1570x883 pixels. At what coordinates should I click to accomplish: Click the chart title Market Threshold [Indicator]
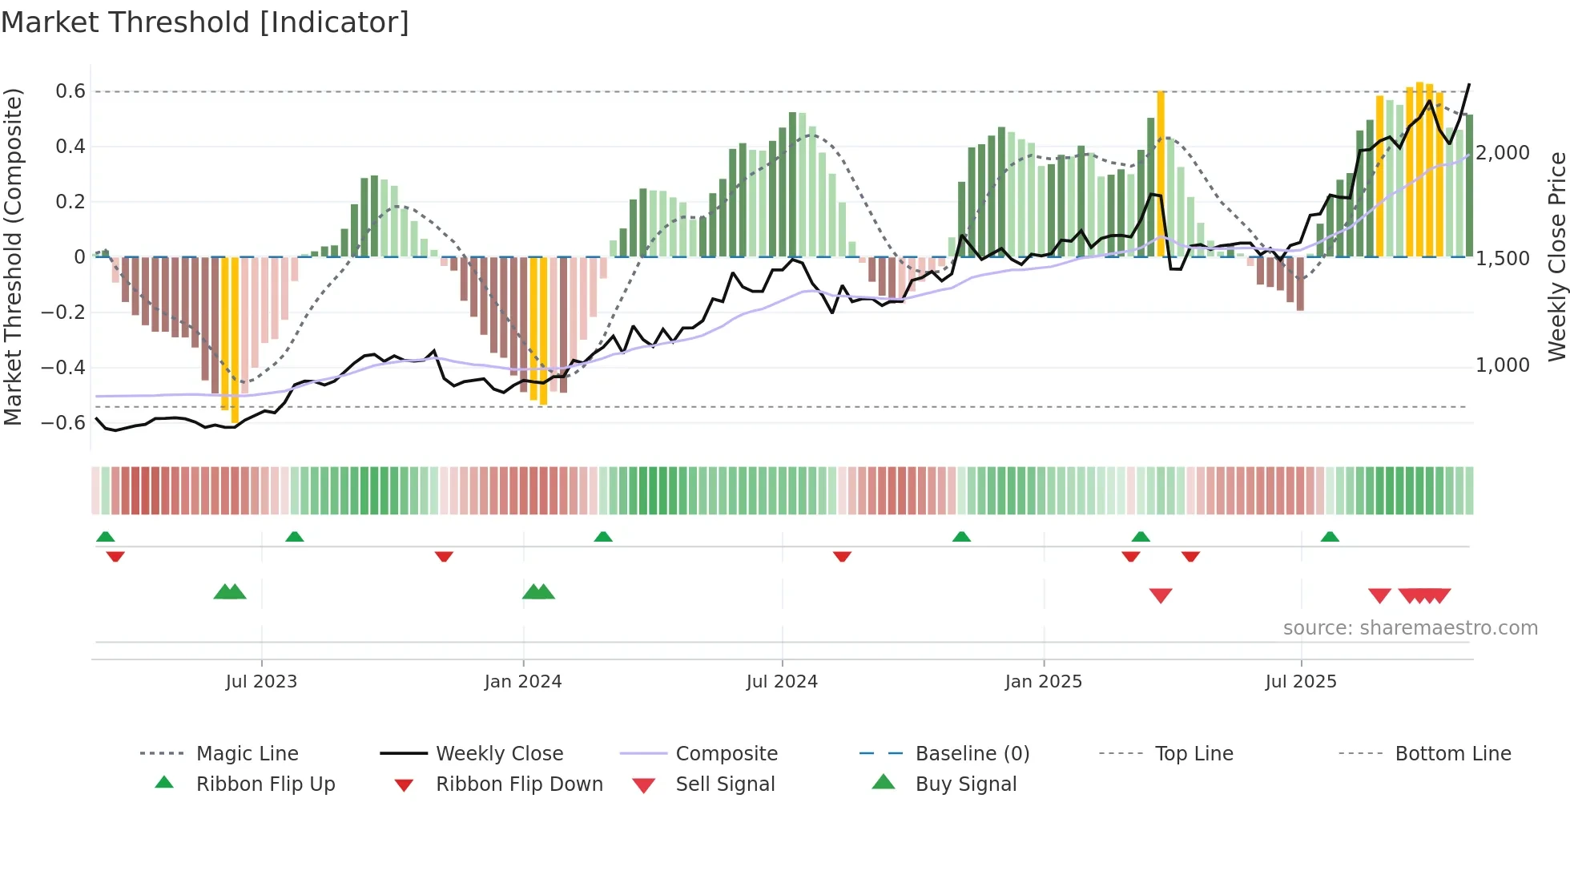point(205,22)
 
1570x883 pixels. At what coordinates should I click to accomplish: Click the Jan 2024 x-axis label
point(523,682)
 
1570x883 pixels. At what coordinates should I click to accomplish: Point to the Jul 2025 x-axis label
point(1301,682)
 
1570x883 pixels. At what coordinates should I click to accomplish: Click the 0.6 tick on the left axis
point(70,91)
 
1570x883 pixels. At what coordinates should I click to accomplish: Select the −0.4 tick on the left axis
point(63,368)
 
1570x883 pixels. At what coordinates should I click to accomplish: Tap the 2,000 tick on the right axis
point(1503,153)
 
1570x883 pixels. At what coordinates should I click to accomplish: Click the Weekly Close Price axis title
point(1556,256)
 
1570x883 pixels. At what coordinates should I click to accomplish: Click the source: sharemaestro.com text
point(1410,628)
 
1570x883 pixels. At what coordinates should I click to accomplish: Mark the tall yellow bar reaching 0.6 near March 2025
point(1161,173)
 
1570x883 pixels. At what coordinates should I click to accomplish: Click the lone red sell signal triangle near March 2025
point(1161,595)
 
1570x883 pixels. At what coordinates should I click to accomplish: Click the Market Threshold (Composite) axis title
point(13,256)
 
